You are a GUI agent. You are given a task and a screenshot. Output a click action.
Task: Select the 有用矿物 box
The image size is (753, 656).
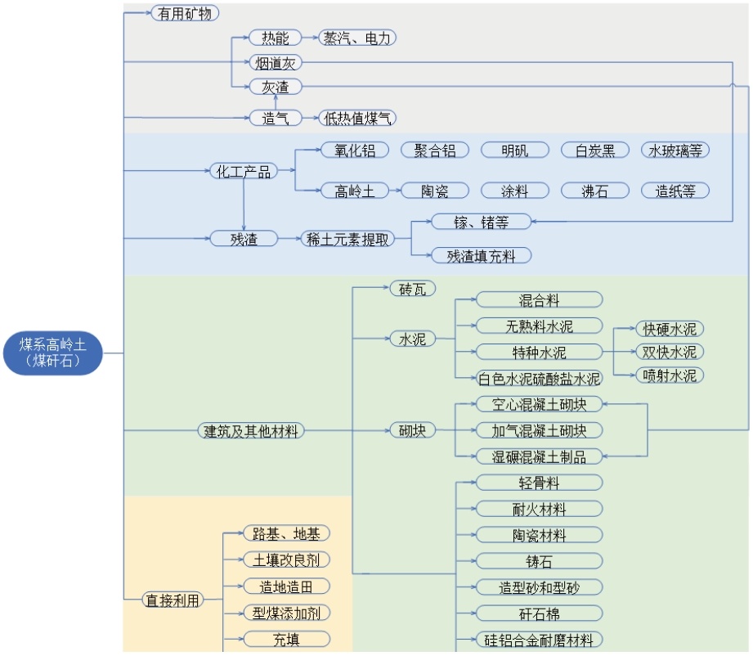click(x=185, y=13)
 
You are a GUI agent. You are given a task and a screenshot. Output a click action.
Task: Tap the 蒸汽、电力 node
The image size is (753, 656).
click(x=356, y=38)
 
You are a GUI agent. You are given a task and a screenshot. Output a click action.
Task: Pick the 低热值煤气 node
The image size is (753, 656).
click(x=357, y=119)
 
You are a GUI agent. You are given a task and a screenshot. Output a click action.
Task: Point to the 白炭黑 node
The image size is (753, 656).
click(x=595, y=151)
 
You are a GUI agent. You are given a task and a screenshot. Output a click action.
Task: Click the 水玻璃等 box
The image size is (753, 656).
click(x=675, y=151)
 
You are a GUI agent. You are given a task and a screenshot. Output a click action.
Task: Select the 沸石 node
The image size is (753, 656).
click(x=595, y=191)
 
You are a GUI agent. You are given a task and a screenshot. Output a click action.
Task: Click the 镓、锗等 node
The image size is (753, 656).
click(x=482, y=222)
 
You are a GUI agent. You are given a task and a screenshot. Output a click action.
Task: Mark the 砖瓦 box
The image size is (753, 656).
click(x=413, y=289)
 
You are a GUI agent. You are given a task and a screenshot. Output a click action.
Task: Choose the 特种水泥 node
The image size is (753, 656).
click(x=539, y=352)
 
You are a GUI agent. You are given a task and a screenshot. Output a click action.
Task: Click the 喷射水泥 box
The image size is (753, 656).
click(x=670, y=375)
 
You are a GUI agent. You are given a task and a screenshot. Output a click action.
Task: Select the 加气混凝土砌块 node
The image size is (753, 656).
click(x=539, y=430)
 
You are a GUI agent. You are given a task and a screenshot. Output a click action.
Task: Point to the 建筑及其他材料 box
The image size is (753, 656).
click(x=250, y=430)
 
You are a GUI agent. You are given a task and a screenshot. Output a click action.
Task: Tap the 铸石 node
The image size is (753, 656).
click(x=539, y=561)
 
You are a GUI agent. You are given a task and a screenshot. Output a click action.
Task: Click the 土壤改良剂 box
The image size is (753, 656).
click(x=287, y=560)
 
